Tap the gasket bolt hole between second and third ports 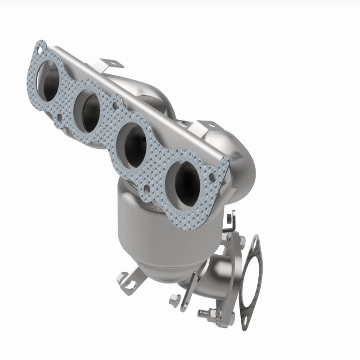tap(116, 107)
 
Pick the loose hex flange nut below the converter tap(175, 298)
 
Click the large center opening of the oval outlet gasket tap(250, 281)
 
